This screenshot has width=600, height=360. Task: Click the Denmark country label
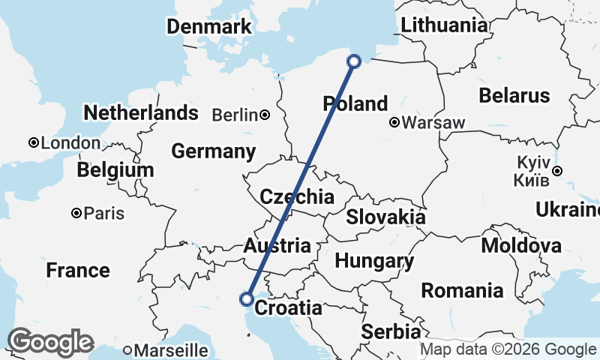(208, 27)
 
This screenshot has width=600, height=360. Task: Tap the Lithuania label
(444, 25)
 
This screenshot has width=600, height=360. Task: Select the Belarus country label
(514, 96)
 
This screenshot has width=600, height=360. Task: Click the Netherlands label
(141, 113)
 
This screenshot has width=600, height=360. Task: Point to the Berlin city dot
(265, 115)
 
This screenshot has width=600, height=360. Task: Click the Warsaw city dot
(394, 122)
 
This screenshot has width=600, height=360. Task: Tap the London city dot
(34, 142)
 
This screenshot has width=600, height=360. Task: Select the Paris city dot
(76, 214)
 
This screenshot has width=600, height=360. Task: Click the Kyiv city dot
(557, 172)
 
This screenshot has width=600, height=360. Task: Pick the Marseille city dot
(128, 349)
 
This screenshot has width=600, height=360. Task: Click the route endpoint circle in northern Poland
(355, 61)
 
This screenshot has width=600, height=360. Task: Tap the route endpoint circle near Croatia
(246, 299)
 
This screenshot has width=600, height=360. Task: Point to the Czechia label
(296, 197)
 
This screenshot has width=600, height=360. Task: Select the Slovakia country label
(385, 217)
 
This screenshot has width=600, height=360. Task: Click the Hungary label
(374, 261)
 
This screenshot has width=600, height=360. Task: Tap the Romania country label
(462, 290)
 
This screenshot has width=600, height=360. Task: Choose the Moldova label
(521, 245)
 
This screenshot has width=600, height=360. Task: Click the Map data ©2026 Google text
(507, 349)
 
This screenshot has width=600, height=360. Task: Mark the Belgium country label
(115, 170)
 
